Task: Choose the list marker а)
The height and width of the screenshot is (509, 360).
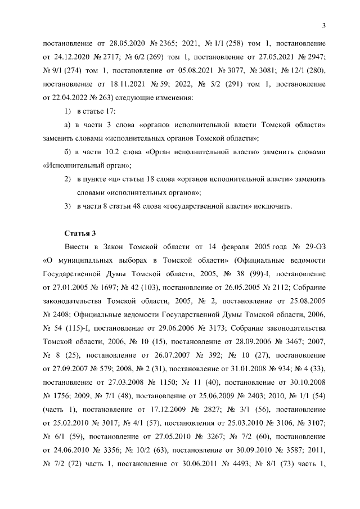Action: coord(69,124)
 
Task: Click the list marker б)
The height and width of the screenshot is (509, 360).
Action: coord(69,151)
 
